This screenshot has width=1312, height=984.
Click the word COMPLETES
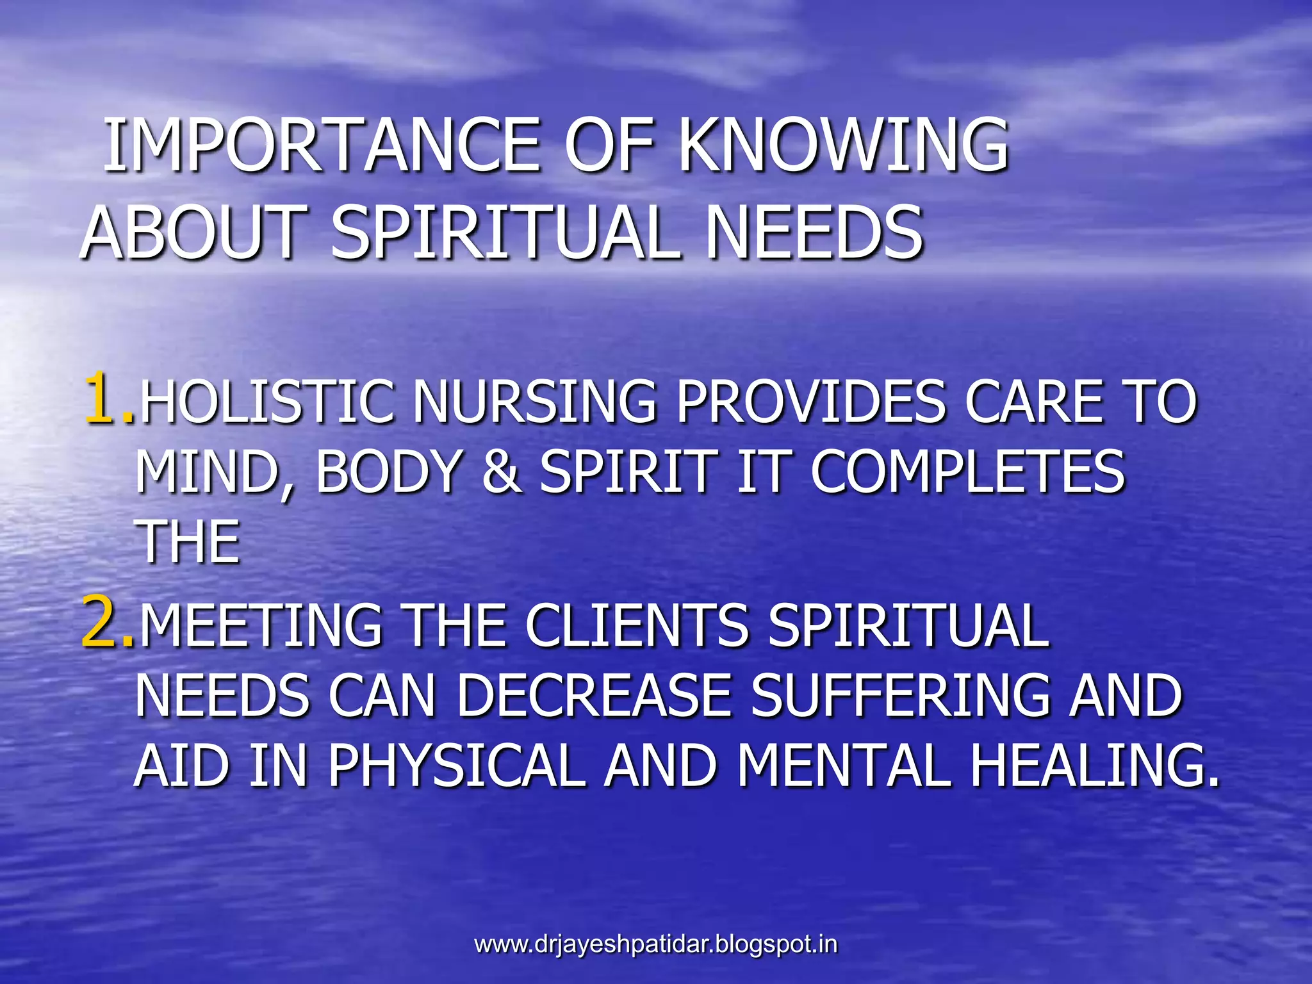[967, 471]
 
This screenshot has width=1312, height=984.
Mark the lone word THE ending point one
[188, 542]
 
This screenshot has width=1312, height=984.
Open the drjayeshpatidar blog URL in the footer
[655, 944]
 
